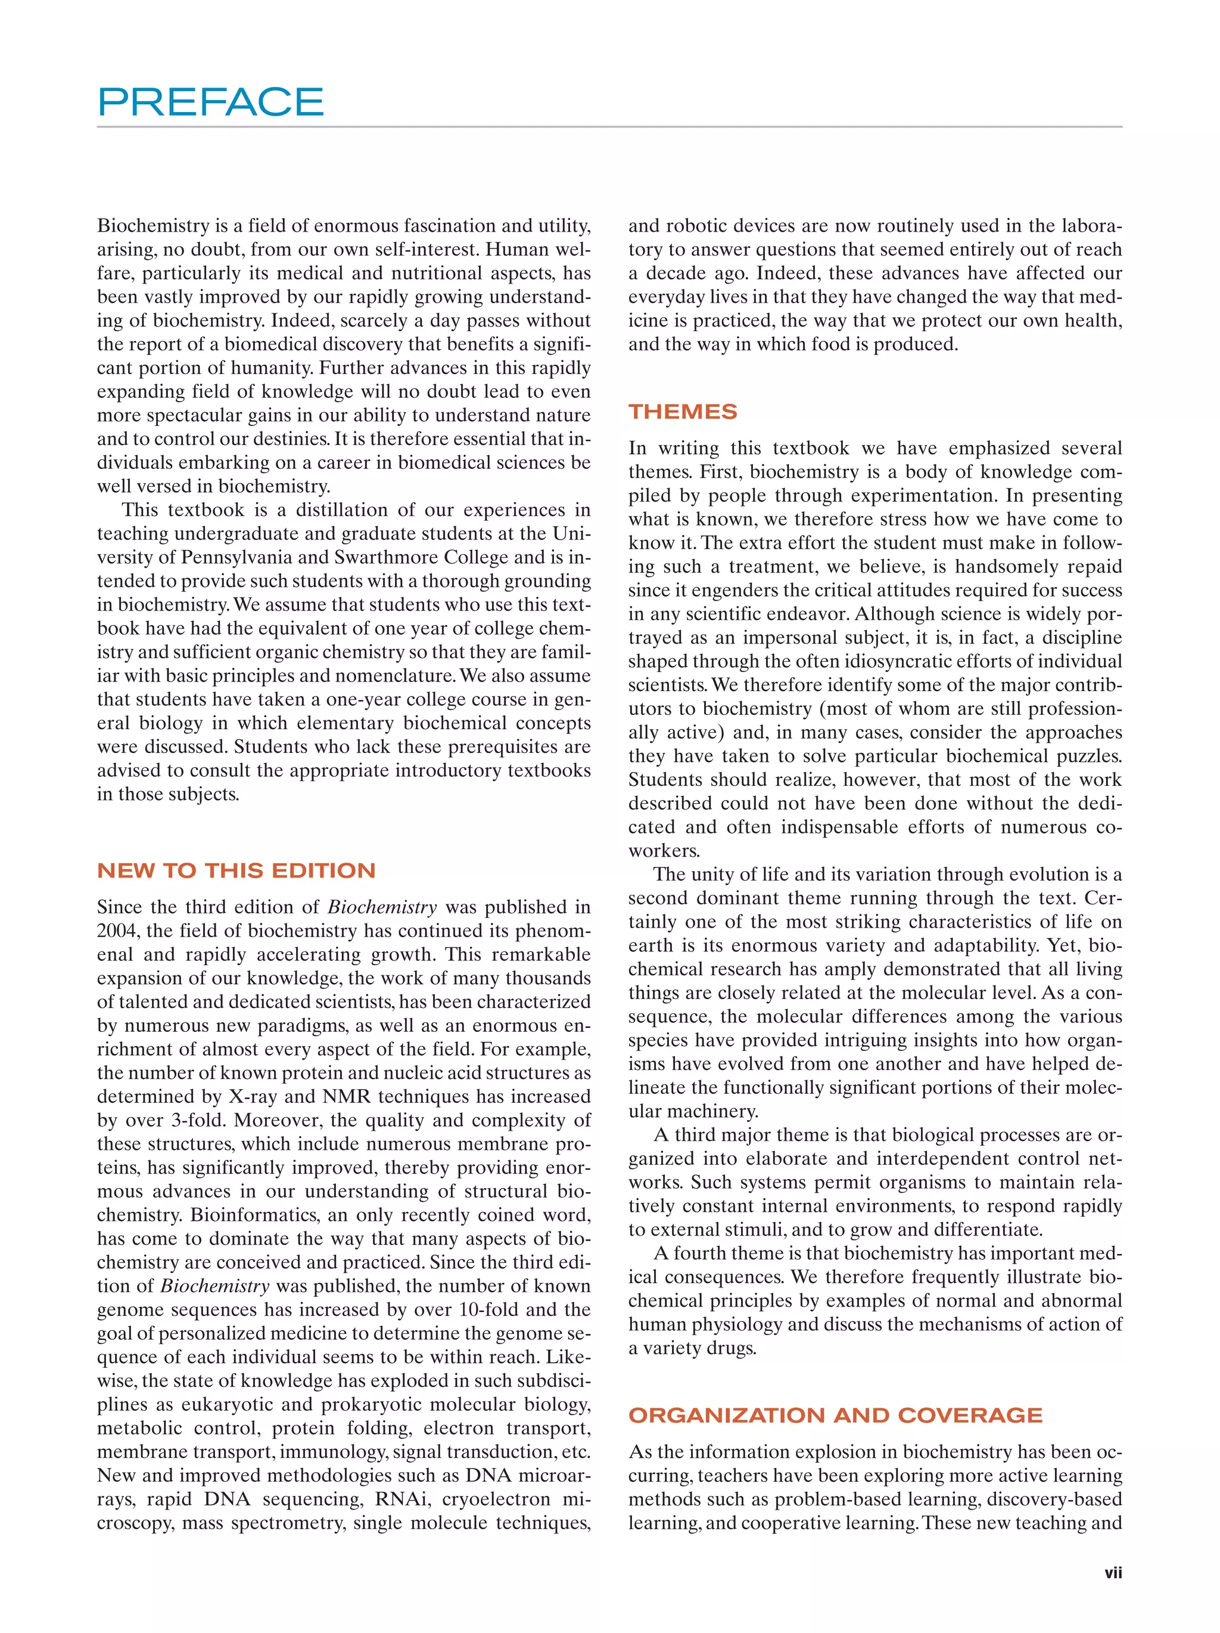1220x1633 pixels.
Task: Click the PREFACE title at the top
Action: pos(210,102)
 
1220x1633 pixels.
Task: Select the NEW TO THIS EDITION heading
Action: pos(236,870)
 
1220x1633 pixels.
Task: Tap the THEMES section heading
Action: pos(683,412)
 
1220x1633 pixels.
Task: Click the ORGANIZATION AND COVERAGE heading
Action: pos(836,1415)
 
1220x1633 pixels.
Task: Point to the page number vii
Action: pos(1113,1573)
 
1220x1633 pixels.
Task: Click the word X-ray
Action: pos(254,1096)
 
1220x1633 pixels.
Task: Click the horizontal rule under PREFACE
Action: pos(609,127)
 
